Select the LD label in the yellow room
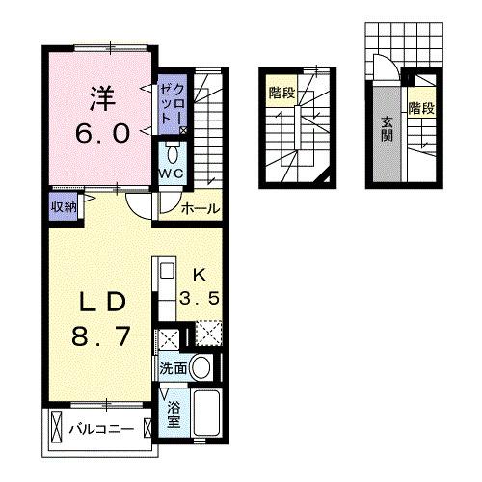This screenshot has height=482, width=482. tap(100, 302)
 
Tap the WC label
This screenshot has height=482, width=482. tap(172, 174)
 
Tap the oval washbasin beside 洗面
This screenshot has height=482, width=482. tap(201, 366)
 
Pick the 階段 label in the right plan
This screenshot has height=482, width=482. tap(421, 108)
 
